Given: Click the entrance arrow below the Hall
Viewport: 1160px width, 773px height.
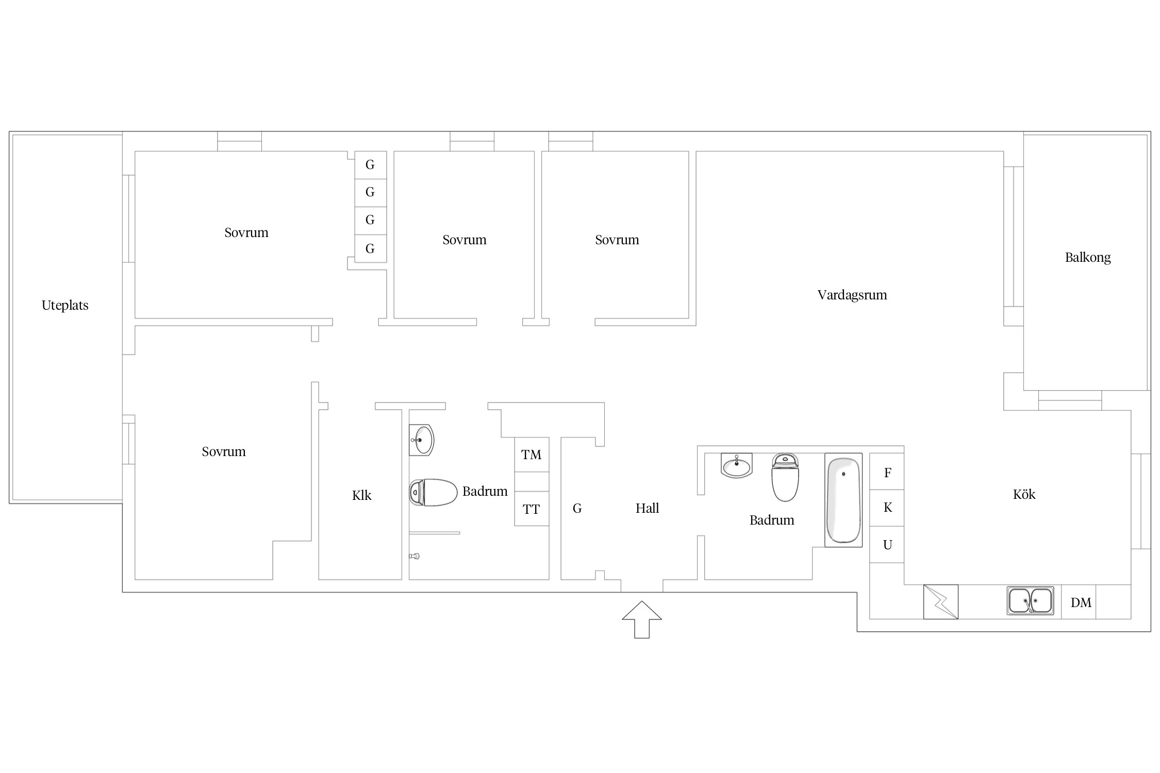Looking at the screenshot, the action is coord(641,619).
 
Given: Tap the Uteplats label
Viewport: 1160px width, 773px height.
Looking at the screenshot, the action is coord(65,305).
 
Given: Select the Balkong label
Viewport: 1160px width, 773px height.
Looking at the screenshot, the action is coord(1088,257).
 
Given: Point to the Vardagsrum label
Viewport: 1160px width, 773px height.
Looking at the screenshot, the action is coord(852,295).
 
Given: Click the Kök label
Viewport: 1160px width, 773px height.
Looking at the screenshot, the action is coord(1024,494).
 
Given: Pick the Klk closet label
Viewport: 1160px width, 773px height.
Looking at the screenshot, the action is coord(361,495).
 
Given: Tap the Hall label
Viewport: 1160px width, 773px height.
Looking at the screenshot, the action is coord(647,508).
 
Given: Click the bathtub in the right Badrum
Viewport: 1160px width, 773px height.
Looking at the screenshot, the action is coord(843,500).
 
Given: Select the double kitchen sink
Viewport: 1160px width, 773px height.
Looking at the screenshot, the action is coord(1030,601).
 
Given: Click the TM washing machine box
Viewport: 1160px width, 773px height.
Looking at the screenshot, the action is coord(532,455).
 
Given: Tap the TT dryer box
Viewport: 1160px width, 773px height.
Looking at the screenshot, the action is coord(532,509).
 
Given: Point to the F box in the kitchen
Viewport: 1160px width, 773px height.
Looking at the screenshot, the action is coord(887,472).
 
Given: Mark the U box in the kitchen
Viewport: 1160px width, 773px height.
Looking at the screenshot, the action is coord(887,544).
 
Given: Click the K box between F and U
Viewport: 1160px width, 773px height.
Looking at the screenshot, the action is coord(887,508).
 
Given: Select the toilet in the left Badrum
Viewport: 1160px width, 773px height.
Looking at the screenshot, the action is coord(433,492).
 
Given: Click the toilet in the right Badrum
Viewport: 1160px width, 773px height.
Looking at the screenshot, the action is coord(785,477).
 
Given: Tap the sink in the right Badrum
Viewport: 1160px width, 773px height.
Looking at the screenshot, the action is coord(736,465).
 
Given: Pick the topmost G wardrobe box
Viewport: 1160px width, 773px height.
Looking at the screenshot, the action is coord(370,165).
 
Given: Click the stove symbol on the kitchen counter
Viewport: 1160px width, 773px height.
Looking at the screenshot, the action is coord(940,602).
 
